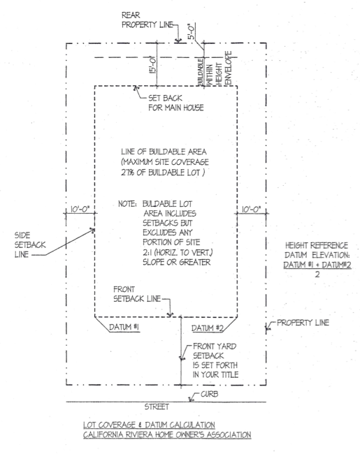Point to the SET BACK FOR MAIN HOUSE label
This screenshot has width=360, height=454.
click(172, 103)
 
